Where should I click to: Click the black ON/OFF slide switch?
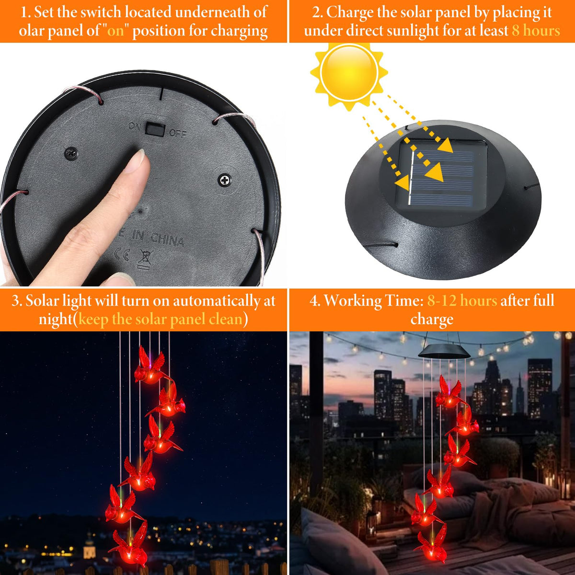coord(155,129)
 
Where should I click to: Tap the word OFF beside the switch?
coord(178,133)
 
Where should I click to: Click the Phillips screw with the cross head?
coord(225,180)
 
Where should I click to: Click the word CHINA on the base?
coord(167,239)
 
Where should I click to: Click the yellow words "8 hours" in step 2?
coord(536,31)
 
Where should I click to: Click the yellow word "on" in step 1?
coord(115,31)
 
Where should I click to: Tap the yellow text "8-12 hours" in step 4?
coord(462,300)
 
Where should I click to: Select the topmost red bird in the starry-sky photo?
coord(150,365)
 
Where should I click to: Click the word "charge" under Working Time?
coord(432,320)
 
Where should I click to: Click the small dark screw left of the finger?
coord(71,153)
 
